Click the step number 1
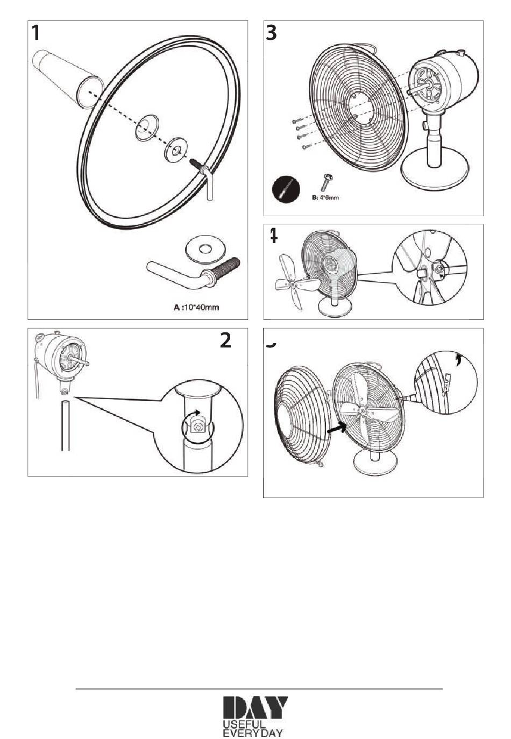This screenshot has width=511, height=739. pyautogui.click(x=36, y=33)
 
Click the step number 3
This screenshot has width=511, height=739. pyautogui.click(x=272, y=33)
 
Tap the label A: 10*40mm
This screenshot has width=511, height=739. pyautogui.click(x=197, y=307)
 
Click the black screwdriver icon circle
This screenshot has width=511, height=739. pyautogui.click(x=286, y=189)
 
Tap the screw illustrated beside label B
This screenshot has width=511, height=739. pyautogui.click(x=326, y=182)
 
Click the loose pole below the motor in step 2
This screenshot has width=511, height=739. pyautogui.click(x=65, y=425)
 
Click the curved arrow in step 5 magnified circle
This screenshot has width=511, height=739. pyautogui.click(x=458, y=359)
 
